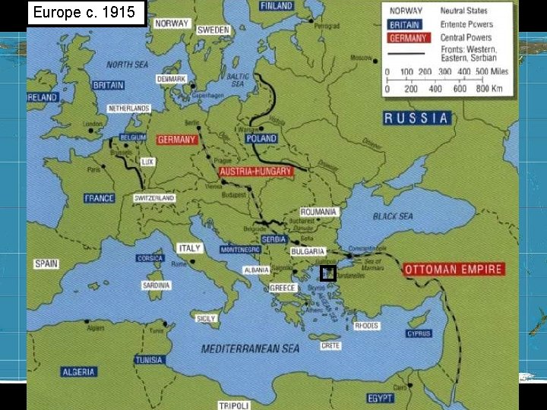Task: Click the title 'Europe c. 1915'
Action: tap(84, 13)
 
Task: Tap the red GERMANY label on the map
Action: tap(177, 140)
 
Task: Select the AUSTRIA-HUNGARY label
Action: tap(257, 172)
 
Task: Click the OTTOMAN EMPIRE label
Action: tap(454, 269)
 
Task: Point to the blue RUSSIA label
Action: tap(416, 118)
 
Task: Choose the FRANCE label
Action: tap(100, 198)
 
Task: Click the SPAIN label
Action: tap(46, 264)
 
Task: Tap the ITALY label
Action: tap(189, 248)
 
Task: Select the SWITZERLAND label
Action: tap(155, 198)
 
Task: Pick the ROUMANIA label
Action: tap(319, 212)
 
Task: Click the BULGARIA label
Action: tap(308, 251)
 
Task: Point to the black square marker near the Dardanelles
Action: tap(328, 274)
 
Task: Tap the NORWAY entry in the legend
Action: tap(406, 11)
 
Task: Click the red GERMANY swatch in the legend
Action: tap(408, 37)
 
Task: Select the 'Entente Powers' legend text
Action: tap(466, 24)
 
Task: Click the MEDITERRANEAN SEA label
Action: tap(250, 348)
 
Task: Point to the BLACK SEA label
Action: tap(393, 216)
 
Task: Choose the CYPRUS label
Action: tap(419, 333)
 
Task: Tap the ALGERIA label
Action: tap(79, 372)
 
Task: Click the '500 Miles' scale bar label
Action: tap(492, 71)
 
